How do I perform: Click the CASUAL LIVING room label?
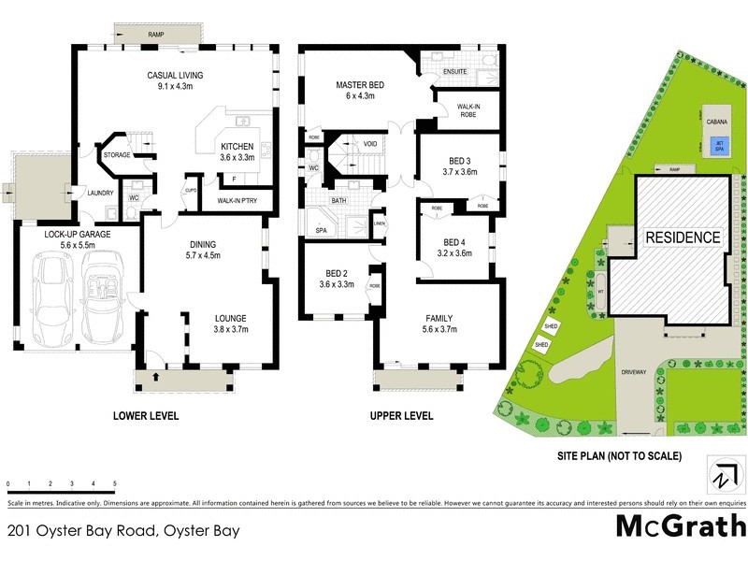175,75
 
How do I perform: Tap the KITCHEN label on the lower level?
237,146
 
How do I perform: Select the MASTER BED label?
361,85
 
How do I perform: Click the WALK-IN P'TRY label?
243,201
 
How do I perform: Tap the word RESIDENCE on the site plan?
683,237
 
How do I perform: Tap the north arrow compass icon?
721,474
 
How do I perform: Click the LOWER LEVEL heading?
145,415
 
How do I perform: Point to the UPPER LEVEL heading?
401,415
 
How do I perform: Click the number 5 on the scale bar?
114,483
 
